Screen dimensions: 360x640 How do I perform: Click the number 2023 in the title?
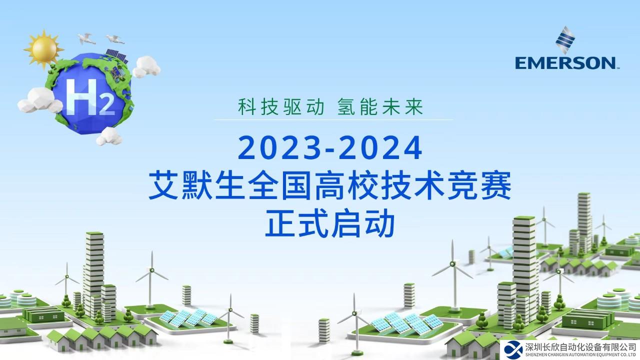point(270,148)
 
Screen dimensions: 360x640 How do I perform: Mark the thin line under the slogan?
point(333,119)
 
